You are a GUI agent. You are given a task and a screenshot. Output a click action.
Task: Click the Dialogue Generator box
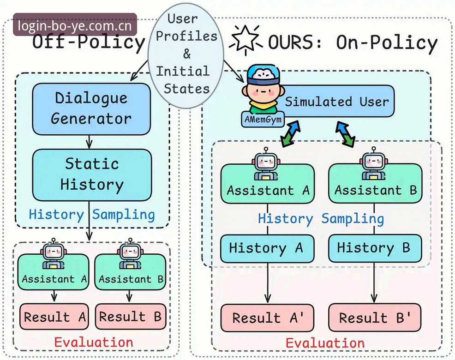pyautogui.click(x=91, y=109)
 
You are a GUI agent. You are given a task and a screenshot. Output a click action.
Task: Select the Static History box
pyautogui.click(x=92, y=175)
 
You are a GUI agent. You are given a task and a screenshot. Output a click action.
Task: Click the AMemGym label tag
pyautogui.click(x=263, y=120)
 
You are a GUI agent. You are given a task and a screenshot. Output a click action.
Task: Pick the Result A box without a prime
pyautogui.click(x=54, y=317)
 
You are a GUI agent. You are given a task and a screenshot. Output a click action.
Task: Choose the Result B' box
pyautogui.click(x=375, y=318)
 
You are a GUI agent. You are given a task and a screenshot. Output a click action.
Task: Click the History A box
pyautogui.click(x=267, y=248)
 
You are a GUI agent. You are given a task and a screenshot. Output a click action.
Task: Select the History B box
pyautogui.click(x=375, y=248)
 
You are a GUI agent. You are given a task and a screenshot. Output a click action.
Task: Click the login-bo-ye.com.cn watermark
pyautogui.click(x=75, y=25)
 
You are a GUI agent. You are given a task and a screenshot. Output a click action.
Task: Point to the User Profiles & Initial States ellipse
pyautogui.click(x=186, y=56)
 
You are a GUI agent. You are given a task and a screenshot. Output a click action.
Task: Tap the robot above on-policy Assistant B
pyautogui.click(x=374, y=163)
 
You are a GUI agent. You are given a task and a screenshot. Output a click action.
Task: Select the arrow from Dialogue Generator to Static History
pyautogui.click(x=89, y=142)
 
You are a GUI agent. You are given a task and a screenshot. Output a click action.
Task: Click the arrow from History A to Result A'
pyautogui.click(x=268, y=283)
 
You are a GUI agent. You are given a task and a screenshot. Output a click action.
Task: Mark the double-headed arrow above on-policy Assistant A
pyautogui.click(x=290, y=134)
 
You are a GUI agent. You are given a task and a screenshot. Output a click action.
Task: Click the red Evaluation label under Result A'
pyautogui.click(x=325, y=343)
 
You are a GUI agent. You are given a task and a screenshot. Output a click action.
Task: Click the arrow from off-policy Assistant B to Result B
pyautogui.click(x=129, y=296)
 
